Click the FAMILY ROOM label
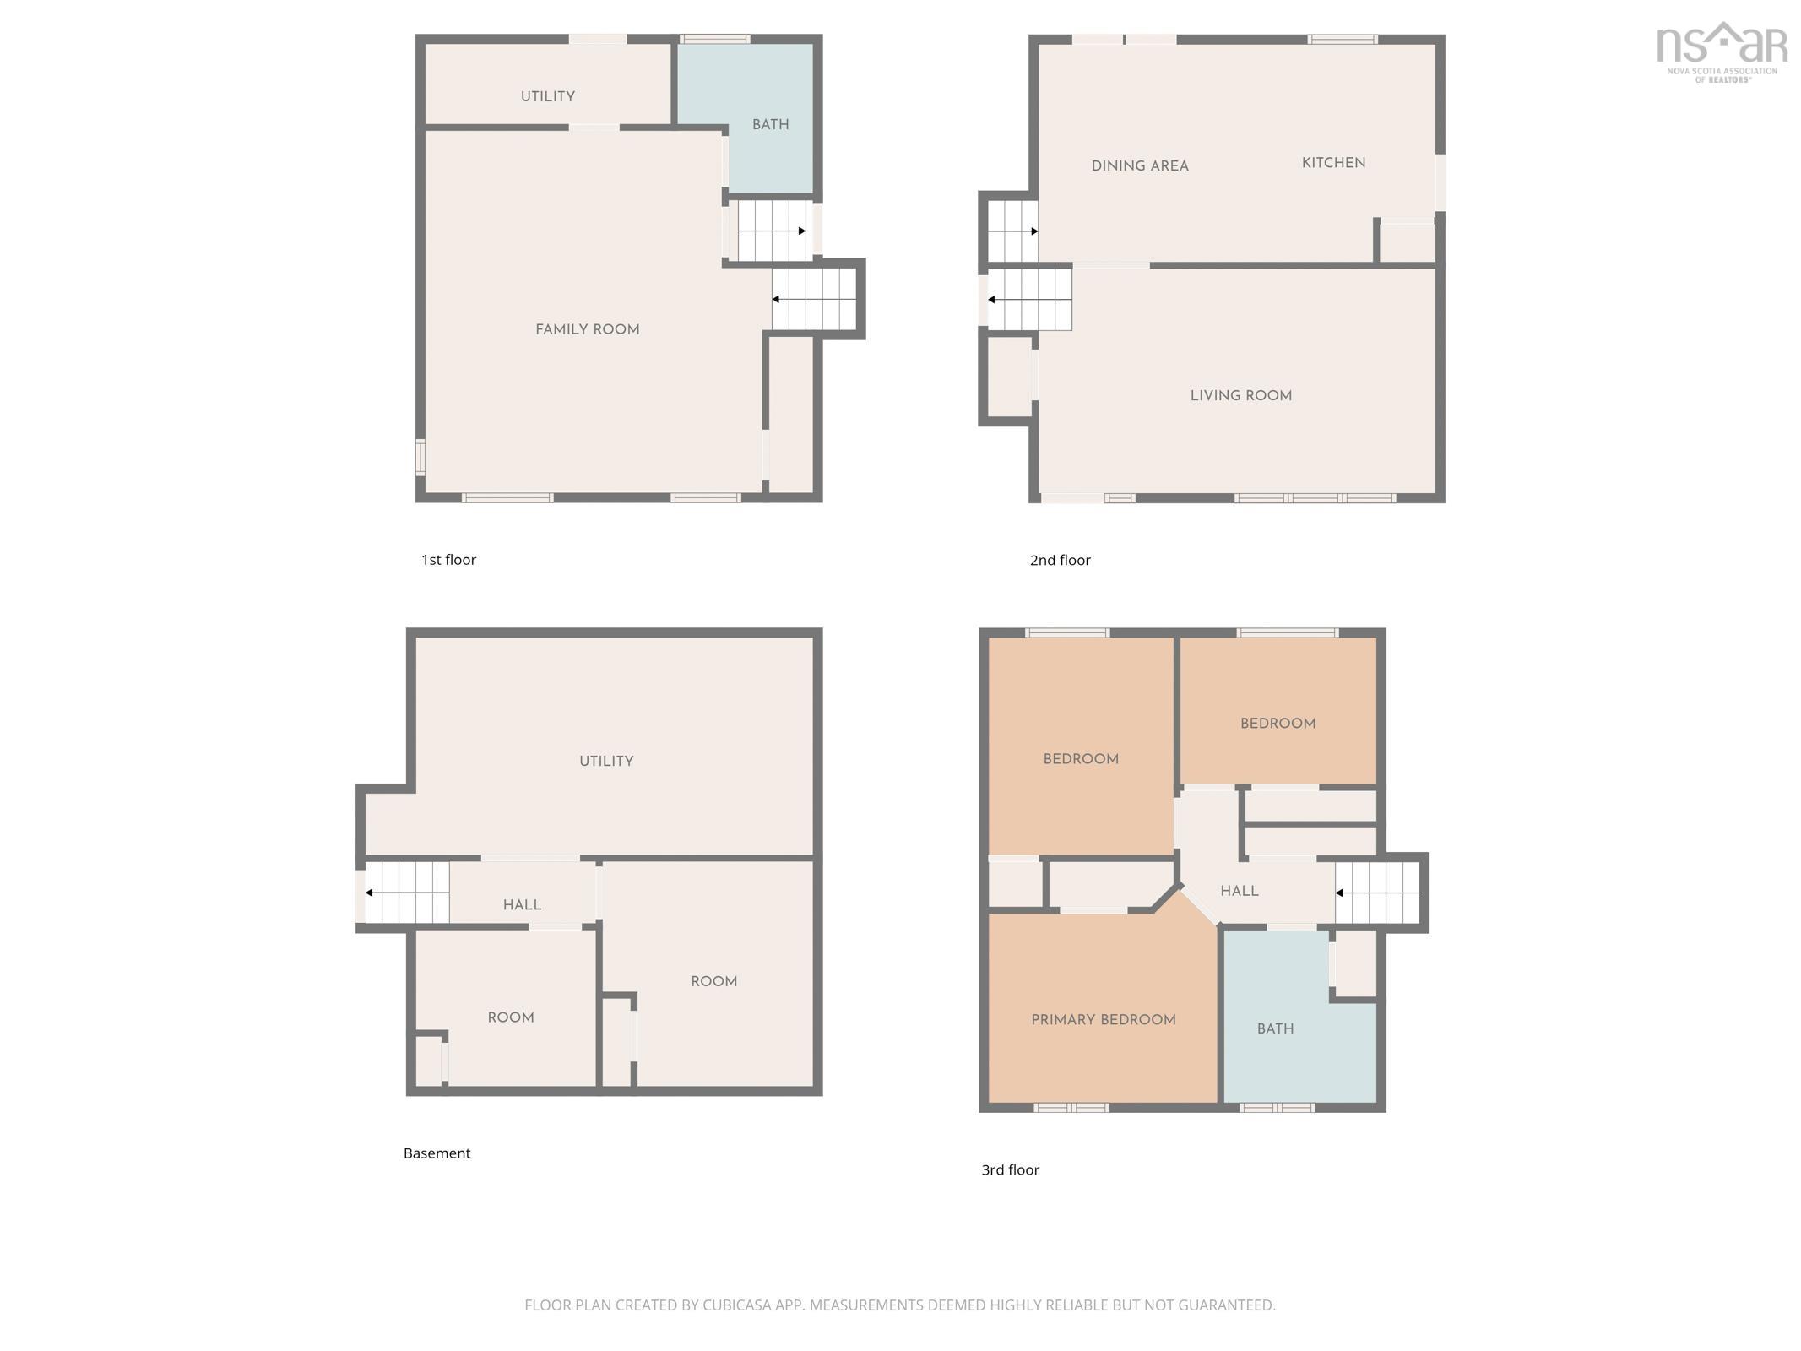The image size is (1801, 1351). (587, 329)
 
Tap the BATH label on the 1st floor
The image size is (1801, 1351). (770, 124)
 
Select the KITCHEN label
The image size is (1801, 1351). (1332, 163)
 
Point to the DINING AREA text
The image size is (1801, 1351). (1139, 166)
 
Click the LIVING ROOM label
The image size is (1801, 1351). (1240, 395)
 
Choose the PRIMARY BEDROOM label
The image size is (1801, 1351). (1103, 1019)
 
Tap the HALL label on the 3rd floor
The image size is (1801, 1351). (1239, 891)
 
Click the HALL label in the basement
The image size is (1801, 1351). (522, 904)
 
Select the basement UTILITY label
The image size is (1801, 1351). (605, 761)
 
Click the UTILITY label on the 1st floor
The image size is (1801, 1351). (547, 96)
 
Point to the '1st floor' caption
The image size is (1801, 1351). (448, 560)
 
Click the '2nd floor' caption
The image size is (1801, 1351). (1060, 560)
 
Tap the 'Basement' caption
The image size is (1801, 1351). (437, 1153)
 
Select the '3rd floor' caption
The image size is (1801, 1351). (1010, 1169)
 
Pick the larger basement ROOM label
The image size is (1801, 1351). (713, 981)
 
